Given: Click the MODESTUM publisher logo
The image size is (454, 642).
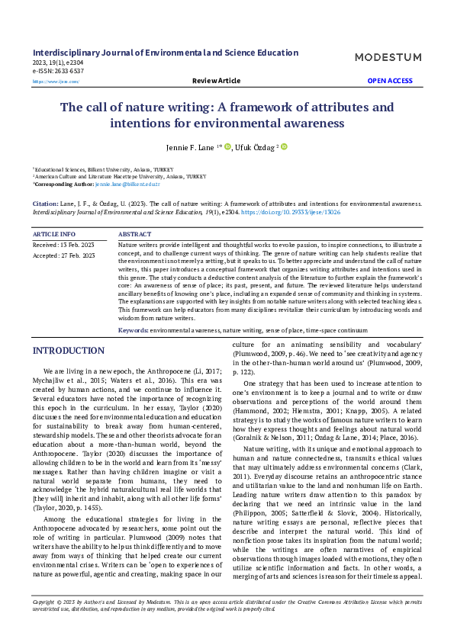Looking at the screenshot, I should pos(388,57).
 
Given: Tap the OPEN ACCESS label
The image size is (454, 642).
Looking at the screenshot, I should pos(390,80).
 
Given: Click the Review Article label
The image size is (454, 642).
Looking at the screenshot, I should pos(216,80).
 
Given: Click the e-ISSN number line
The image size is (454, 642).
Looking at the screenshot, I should pos(58,71).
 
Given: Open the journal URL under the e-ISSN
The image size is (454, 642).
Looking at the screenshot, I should pos(55,81).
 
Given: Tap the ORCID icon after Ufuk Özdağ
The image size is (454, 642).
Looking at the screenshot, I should pos(284,146).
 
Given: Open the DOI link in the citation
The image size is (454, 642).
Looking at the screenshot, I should pos(302,213).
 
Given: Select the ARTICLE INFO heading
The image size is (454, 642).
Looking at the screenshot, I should pos(53,233).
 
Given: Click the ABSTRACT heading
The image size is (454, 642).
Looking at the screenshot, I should pos(135,233).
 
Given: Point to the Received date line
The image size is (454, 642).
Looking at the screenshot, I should pos(63,245).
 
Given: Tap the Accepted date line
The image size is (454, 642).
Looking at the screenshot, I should pos(63,256).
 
